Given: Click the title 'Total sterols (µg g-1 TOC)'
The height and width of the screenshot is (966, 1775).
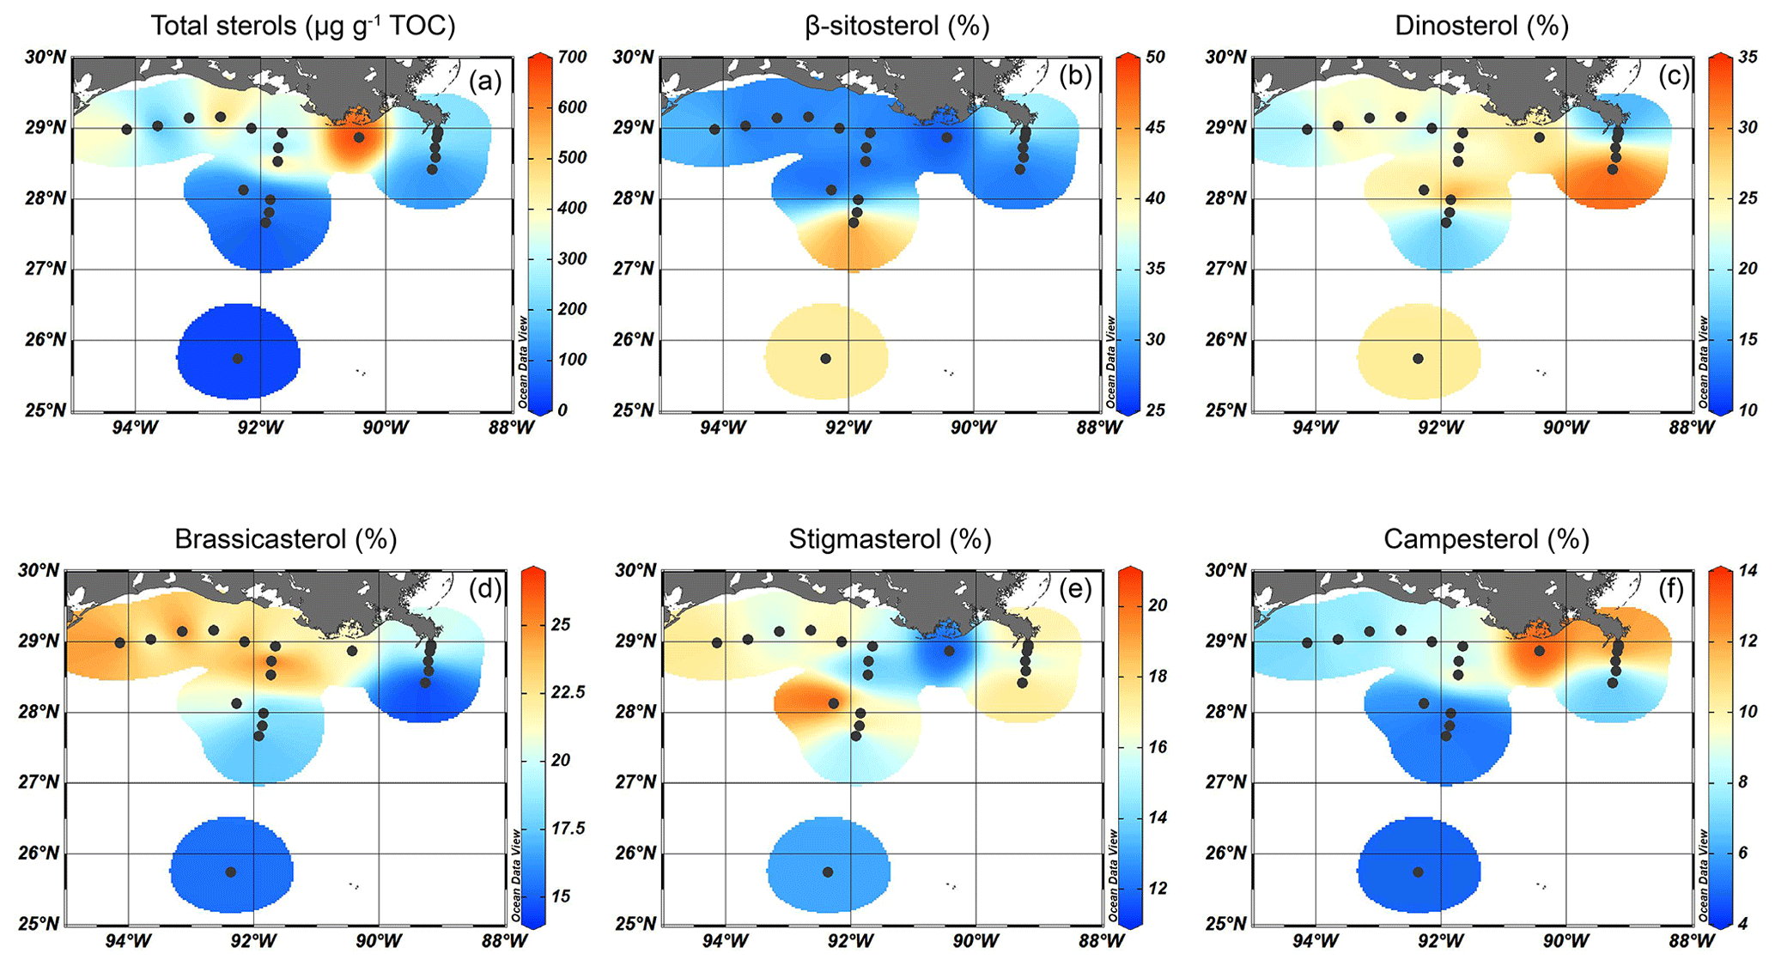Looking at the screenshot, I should [x=302, y=26].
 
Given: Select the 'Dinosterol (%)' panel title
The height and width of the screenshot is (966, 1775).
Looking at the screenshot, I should [x=1481, y=26].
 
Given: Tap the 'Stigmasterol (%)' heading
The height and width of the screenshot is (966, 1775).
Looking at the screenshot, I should [x=890, y=539].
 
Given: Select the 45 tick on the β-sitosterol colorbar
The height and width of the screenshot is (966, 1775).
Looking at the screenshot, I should [x=1155, y=127].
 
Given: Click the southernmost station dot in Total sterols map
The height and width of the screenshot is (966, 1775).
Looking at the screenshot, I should [x=238, y=358].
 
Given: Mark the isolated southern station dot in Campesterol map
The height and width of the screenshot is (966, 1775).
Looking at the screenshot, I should [x=1418, y=872].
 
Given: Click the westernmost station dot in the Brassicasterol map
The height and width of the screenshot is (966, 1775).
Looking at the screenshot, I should [x=120, y=642].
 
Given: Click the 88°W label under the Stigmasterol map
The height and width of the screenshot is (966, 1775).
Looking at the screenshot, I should [x=1100, y=941].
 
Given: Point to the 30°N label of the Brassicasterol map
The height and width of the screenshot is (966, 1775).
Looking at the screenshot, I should [x=39, y=570].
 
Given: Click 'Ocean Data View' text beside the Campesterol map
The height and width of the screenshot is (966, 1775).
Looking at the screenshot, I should [x=1703, y=876].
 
